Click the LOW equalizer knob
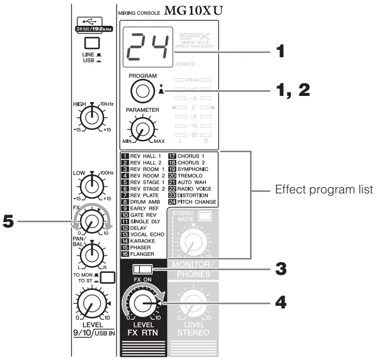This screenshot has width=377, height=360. click(x=91, y=185)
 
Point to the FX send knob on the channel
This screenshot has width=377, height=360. click(x=92, y=222)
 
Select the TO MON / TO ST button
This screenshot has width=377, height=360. click(x=107, y=278)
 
